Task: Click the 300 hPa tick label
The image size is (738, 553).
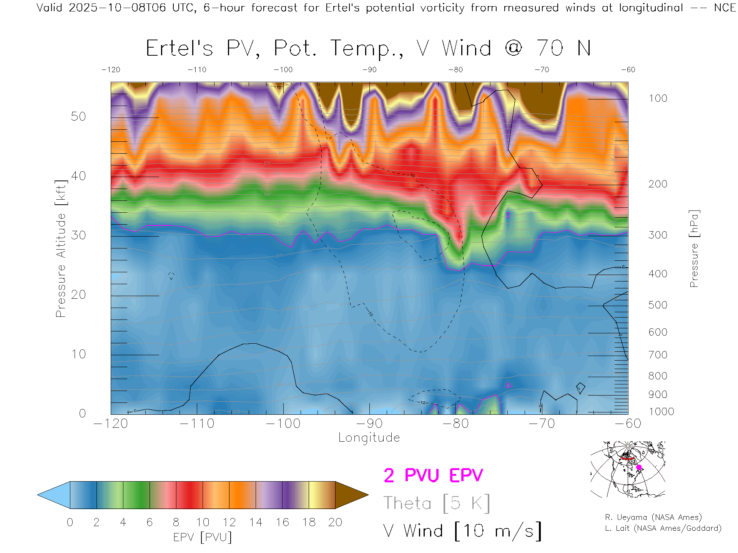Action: (658, 235)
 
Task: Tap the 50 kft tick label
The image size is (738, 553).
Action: (78, 116)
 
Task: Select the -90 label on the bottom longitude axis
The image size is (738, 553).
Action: (369, 423)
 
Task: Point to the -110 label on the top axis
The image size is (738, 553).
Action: (197, 70)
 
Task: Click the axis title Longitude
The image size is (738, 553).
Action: (369, 437)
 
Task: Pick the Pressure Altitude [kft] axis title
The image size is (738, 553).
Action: (61, 248)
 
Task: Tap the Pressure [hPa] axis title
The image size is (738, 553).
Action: (694, 248)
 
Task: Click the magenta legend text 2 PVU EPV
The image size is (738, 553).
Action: (433, 475)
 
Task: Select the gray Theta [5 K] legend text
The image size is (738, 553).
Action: (437, 503)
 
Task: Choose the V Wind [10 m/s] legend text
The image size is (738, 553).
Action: (462, 531)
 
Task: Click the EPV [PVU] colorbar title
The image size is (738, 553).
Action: (203, 537)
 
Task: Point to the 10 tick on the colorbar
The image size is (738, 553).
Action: (203, 522)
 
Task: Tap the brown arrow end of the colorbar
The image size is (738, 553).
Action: (351, 495)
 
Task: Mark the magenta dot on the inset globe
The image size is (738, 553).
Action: (639, 467)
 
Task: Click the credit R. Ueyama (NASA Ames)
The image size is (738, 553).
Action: (653, 517)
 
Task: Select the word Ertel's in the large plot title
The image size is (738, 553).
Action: (179, 48)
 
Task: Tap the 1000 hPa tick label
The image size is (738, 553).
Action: (661, 412)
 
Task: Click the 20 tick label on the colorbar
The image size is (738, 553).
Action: (335, 522)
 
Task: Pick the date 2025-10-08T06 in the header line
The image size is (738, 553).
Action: (117, 8)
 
